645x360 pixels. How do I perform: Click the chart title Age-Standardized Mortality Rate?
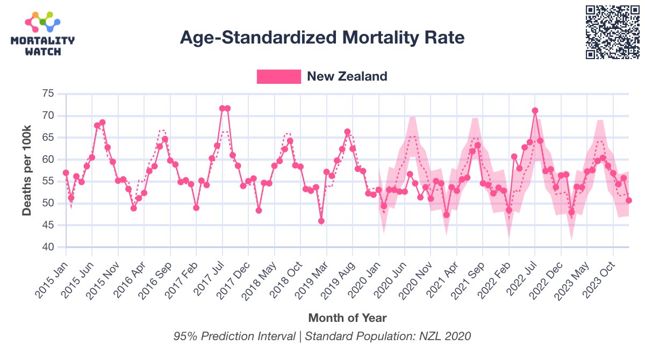point(322,38)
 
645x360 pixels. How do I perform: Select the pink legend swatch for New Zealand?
point(278,76)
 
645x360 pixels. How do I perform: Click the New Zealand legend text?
point(347,76)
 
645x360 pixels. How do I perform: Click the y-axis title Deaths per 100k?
point(27,170)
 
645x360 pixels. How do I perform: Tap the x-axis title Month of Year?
point(347,318)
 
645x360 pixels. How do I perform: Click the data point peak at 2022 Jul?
point(535,111)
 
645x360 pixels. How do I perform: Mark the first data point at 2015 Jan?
point(66,173)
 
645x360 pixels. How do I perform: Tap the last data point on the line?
point(629,200)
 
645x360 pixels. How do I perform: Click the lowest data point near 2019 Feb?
point(321,221)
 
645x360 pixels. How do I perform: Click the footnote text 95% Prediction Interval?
point(234,336)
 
